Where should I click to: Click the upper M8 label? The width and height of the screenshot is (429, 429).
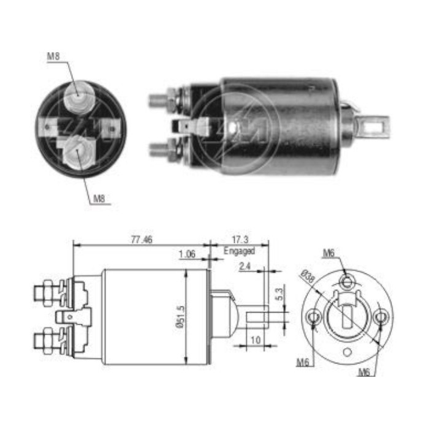coord(54,57)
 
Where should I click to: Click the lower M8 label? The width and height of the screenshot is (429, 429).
coord(100,198)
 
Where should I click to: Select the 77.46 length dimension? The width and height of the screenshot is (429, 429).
coord(141,240)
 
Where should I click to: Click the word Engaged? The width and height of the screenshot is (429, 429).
coord(239,251)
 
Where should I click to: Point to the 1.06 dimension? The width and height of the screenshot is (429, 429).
coord(187,254)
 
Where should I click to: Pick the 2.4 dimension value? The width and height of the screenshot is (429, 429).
coord(245,267)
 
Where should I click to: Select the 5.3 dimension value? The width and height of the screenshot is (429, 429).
coord(279,294)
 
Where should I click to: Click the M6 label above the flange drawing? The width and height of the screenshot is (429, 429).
coord(329,252)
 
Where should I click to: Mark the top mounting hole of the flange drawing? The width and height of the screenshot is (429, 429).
coord(347,281)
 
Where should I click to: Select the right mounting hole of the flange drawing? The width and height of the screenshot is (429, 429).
coord(381,317)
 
